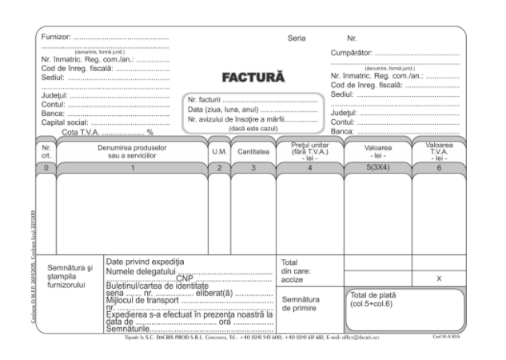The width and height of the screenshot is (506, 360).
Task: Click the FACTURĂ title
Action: [x=253, y=78]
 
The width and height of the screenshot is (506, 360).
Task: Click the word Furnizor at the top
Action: [x=57, y=38]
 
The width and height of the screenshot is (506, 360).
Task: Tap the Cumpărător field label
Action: [x=353, y=54]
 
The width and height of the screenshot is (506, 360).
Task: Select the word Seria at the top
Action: [x=297, y=38]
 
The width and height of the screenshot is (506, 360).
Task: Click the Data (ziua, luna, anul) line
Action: [x=223, y=110]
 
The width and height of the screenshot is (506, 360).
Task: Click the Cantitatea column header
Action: [x=253, y=150]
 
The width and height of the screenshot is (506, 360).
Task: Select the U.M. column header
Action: [x=219, y=150]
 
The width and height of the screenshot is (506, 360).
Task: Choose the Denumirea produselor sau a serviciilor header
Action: [x=132, y=150]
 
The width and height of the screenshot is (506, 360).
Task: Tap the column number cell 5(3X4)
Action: [x=378, y=167]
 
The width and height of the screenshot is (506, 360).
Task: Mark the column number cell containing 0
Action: [x=46, y=167]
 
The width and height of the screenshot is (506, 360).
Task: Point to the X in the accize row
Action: [x=439, y=278]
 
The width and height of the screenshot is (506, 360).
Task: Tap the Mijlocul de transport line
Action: [x=145, y=299]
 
